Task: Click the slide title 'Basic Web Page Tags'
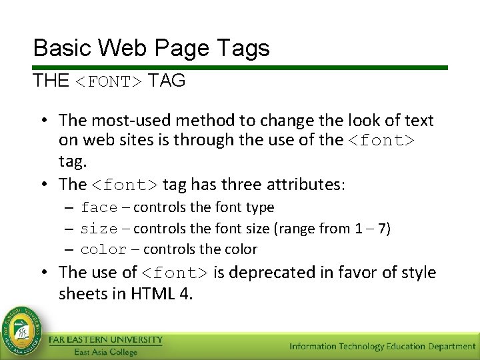(x=151, y=48)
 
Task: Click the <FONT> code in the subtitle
(x=107, y=82)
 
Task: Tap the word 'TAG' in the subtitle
(x=167, y=81)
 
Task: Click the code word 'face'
(x=99, y=208)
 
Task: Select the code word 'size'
(x=99, y=229)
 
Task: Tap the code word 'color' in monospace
(x=103, y=250)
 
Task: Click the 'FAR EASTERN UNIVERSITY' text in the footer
(x=105, y=340)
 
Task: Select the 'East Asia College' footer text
(x=105, y=352)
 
